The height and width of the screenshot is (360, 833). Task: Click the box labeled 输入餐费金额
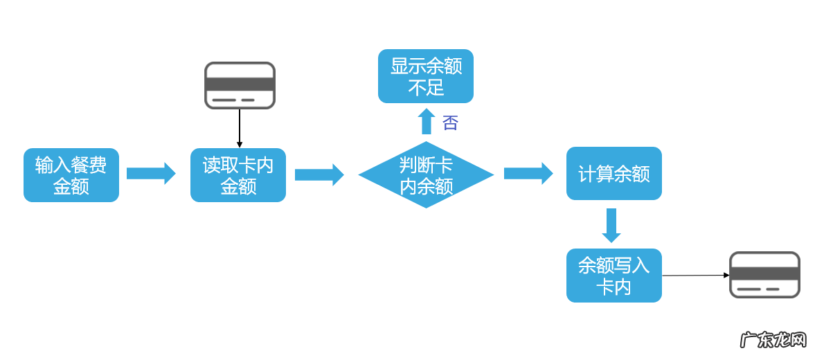(x=71, y=175)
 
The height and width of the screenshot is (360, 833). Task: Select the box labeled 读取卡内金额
(x=238, y=175)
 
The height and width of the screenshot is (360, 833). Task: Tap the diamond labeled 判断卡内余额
(x=426, y=175)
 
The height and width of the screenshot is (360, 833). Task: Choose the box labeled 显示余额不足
(x=426, y=76)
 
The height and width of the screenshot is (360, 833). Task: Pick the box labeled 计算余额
(x=613, y=174)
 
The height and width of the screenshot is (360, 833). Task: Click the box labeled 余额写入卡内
(x=613, y=276)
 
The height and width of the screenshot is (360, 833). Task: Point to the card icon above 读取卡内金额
(x=240, y=86)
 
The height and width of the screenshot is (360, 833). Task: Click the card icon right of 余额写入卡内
(x=764, y=275)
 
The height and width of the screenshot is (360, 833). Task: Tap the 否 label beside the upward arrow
(x=450, y=123)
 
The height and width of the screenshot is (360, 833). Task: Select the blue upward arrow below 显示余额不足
(x=427, y=121)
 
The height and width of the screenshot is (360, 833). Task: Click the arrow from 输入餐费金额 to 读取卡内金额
(x=151, y=174)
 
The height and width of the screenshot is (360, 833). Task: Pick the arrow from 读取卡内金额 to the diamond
(x=319, y=174)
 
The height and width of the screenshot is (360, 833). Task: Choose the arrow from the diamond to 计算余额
(x=528, y=174)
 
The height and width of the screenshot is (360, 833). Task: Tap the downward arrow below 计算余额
(x=611, y=225)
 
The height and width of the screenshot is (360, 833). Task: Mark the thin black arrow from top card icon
(x=239, y=128)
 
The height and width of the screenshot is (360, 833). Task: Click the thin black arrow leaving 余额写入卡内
(x=695, y=276)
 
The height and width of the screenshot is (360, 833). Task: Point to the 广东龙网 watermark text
(x=773, y=340)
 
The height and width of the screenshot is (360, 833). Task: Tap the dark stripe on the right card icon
(x=764, y=272)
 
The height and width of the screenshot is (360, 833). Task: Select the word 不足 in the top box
(x=426, y=88)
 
